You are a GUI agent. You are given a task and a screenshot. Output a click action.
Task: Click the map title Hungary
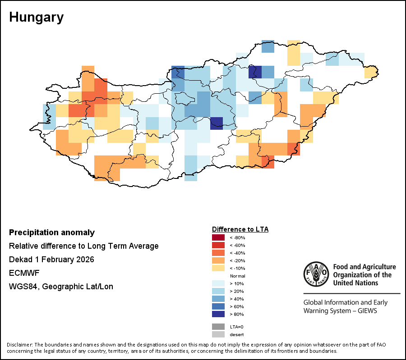point(36,18)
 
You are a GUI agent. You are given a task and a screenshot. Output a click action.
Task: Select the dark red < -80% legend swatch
point(218,237)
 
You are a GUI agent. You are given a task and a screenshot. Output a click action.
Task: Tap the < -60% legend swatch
point(218,245)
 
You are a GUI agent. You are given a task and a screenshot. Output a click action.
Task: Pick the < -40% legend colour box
point(218,253)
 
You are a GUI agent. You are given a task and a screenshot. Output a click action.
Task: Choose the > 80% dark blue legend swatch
point(218,314)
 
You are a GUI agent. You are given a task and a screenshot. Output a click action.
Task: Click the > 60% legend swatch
point(218,306)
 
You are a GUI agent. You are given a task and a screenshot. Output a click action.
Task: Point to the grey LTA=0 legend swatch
point(218,327)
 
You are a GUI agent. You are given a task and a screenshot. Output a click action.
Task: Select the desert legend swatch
point(218,334)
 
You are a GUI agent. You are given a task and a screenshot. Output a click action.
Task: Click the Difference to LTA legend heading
point(240,229)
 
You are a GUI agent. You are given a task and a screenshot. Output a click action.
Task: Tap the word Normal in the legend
point(237,276)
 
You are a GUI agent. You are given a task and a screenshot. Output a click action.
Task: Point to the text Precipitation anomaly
point(52,232)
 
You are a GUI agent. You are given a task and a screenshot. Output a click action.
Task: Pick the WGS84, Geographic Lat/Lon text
point(61,287)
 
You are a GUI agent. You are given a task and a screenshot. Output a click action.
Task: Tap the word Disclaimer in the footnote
point(20,345)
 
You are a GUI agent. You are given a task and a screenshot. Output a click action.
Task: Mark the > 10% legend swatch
point(218,283)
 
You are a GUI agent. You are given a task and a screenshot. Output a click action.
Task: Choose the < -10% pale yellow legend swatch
point(218,268)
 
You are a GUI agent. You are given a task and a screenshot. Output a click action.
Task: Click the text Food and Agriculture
point(364,267)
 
